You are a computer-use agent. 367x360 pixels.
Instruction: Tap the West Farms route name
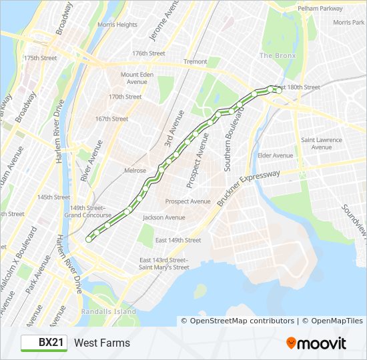(x=102, y=343)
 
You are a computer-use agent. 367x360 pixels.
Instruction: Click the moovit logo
(x=316, y=343)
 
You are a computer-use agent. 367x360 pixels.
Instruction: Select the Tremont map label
(x=196, y=61)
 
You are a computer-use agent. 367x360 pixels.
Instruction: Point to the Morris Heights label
(x=117, y=25)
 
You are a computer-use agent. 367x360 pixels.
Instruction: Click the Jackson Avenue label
(x=163, y=217)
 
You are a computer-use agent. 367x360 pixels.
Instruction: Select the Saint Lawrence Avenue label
(x=322, y=143)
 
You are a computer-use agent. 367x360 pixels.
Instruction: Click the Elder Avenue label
(x=275, y=155)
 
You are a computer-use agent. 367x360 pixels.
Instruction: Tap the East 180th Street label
(x=298, y=87)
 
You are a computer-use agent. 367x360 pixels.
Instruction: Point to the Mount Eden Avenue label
(x=137, y=78)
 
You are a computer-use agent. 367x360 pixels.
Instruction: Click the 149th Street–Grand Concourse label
(x=87, y=211)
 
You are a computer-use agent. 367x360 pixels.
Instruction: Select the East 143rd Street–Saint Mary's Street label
(x=163, y=263)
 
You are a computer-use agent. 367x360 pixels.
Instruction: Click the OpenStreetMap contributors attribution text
(x=238, y=321)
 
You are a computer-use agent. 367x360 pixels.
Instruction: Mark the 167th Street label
(x=111, y=119)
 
